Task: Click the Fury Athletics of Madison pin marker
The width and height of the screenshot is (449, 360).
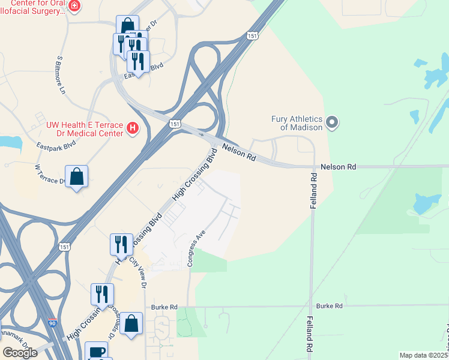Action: tap(333, 124)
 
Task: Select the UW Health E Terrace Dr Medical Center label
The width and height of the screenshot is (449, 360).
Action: tap(85, 128)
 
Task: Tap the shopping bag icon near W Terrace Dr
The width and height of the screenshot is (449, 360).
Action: tap(76, 177)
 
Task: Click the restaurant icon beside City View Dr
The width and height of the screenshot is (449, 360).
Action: tap(121, 244)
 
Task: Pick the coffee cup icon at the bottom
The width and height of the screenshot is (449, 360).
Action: tap(96, 351)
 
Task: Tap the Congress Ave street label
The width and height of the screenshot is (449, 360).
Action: tap(197, 248)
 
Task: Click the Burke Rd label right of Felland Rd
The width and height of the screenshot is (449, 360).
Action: tap(330, 306)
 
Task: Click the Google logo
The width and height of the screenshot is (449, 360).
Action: tap(20, 352)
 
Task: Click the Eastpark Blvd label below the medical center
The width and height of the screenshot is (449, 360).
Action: tap(56, 145)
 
